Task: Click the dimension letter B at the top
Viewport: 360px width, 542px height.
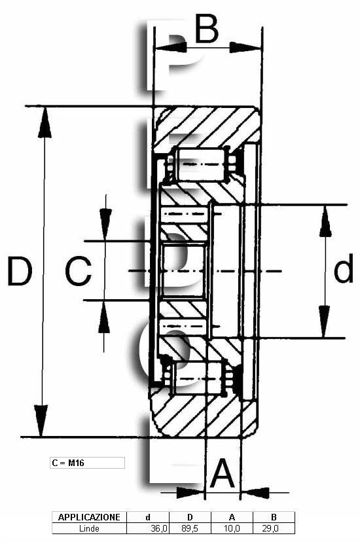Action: [207, 29]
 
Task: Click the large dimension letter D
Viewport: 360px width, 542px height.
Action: [20, 271]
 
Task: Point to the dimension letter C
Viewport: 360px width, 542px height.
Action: [79, 271]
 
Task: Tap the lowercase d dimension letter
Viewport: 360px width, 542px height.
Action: [344, 268]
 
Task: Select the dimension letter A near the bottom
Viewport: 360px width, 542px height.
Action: [223, 473]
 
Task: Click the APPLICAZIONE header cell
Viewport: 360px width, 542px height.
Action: [89, 517]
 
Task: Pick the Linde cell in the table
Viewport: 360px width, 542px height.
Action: [89, 528]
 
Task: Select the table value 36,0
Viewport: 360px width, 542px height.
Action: [159, 528]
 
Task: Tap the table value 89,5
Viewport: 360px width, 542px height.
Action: [190, 528]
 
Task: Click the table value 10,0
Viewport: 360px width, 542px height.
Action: [232, 528]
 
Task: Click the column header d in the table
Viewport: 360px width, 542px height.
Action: [148, 517]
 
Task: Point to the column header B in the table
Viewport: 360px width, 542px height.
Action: [274, 517]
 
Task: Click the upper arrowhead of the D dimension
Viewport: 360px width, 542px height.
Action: [45, 122]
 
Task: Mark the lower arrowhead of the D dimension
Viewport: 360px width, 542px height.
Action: [41, 421]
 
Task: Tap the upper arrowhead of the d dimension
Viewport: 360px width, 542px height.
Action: [325, 221]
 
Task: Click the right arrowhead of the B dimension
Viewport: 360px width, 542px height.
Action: [245, 47]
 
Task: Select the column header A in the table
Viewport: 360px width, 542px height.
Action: [232, 517]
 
